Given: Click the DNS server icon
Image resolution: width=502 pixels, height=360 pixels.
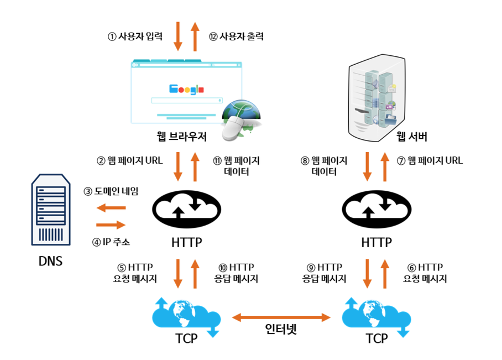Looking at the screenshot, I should click(x=51, y=210).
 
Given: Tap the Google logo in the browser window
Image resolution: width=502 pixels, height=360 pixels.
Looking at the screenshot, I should click(x=186, y=89).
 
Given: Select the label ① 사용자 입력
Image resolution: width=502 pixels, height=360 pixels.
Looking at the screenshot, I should click(x=135, y=37).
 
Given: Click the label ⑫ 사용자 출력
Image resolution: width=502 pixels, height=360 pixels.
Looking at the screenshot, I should click(x=236, y=37).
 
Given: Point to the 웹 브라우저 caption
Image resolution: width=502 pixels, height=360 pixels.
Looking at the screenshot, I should click(x=181, y=135).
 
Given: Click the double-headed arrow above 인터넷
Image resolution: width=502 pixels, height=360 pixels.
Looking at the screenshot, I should click(x=281, y=317).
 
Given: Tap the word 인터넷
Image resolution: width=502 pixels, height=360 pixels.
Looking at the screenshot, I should click(x=281, y=330).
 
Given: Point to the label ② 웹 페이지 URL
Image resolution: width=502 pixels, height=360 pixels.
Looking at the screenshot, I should click(x=130, y=161).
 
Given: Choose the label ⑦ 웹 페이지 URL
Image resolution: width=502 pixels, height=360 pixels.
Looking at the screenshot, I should click(x=430, y=161).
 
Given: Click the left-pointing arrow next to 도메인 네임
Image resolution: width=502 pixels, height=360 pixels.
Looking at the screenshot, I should click(x=111, y=208).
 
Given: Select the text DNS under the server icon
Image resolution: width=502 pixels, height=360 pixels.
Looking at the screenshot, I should click(x=50, y=260).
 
